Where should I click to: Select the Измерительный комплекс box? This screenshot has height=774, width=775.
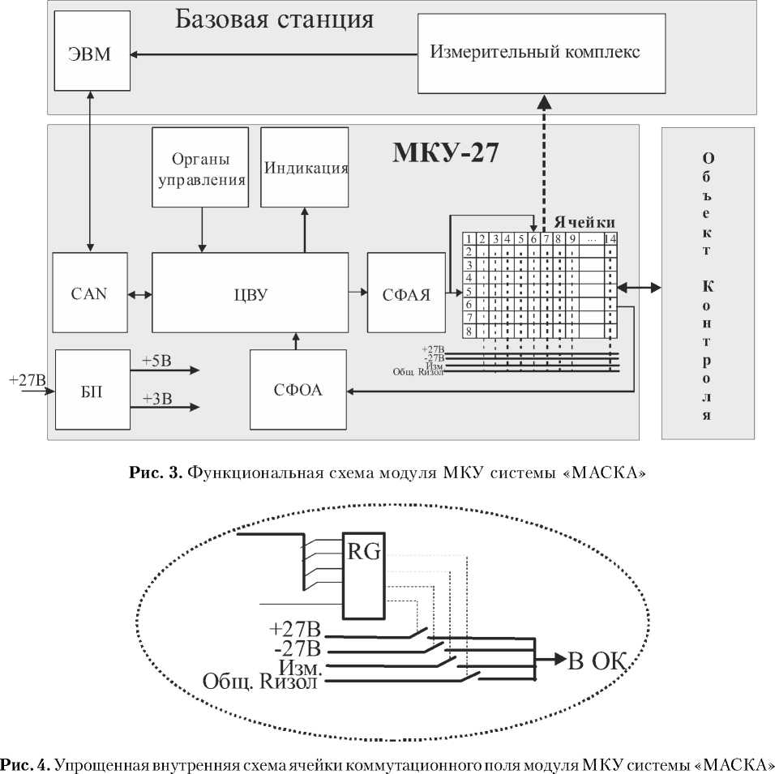(x=535, y=53)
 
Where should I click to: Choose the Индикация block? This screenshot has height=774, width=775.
(x=306, y=169)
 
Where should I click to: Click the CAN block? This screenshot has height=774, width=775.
(x=89, y=293)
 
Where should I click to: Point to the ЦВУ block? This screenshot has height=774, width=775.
(x=250, y=293)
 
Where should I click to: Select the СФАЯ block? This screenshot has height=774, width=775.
(x=406, y=293)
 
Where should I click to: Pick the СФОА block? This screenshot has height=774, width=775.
(x=298, y=390)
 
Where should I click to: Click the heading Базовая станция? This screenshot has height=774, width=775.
(x=274, y=19)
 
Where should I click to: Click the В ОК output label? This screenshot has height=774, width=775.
(x=598, y=661)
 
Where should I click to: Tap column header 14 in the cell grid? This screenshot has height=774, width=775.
(x=609, y=239)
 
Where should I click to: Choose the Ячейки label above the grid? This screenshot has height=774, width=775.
(x=585, y=221)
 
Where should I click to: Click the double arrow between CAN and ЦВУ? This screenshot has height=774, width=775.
(x=140, y=293)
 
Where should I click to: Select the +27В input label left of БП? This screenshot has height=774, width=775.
(x=27, y=379)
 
